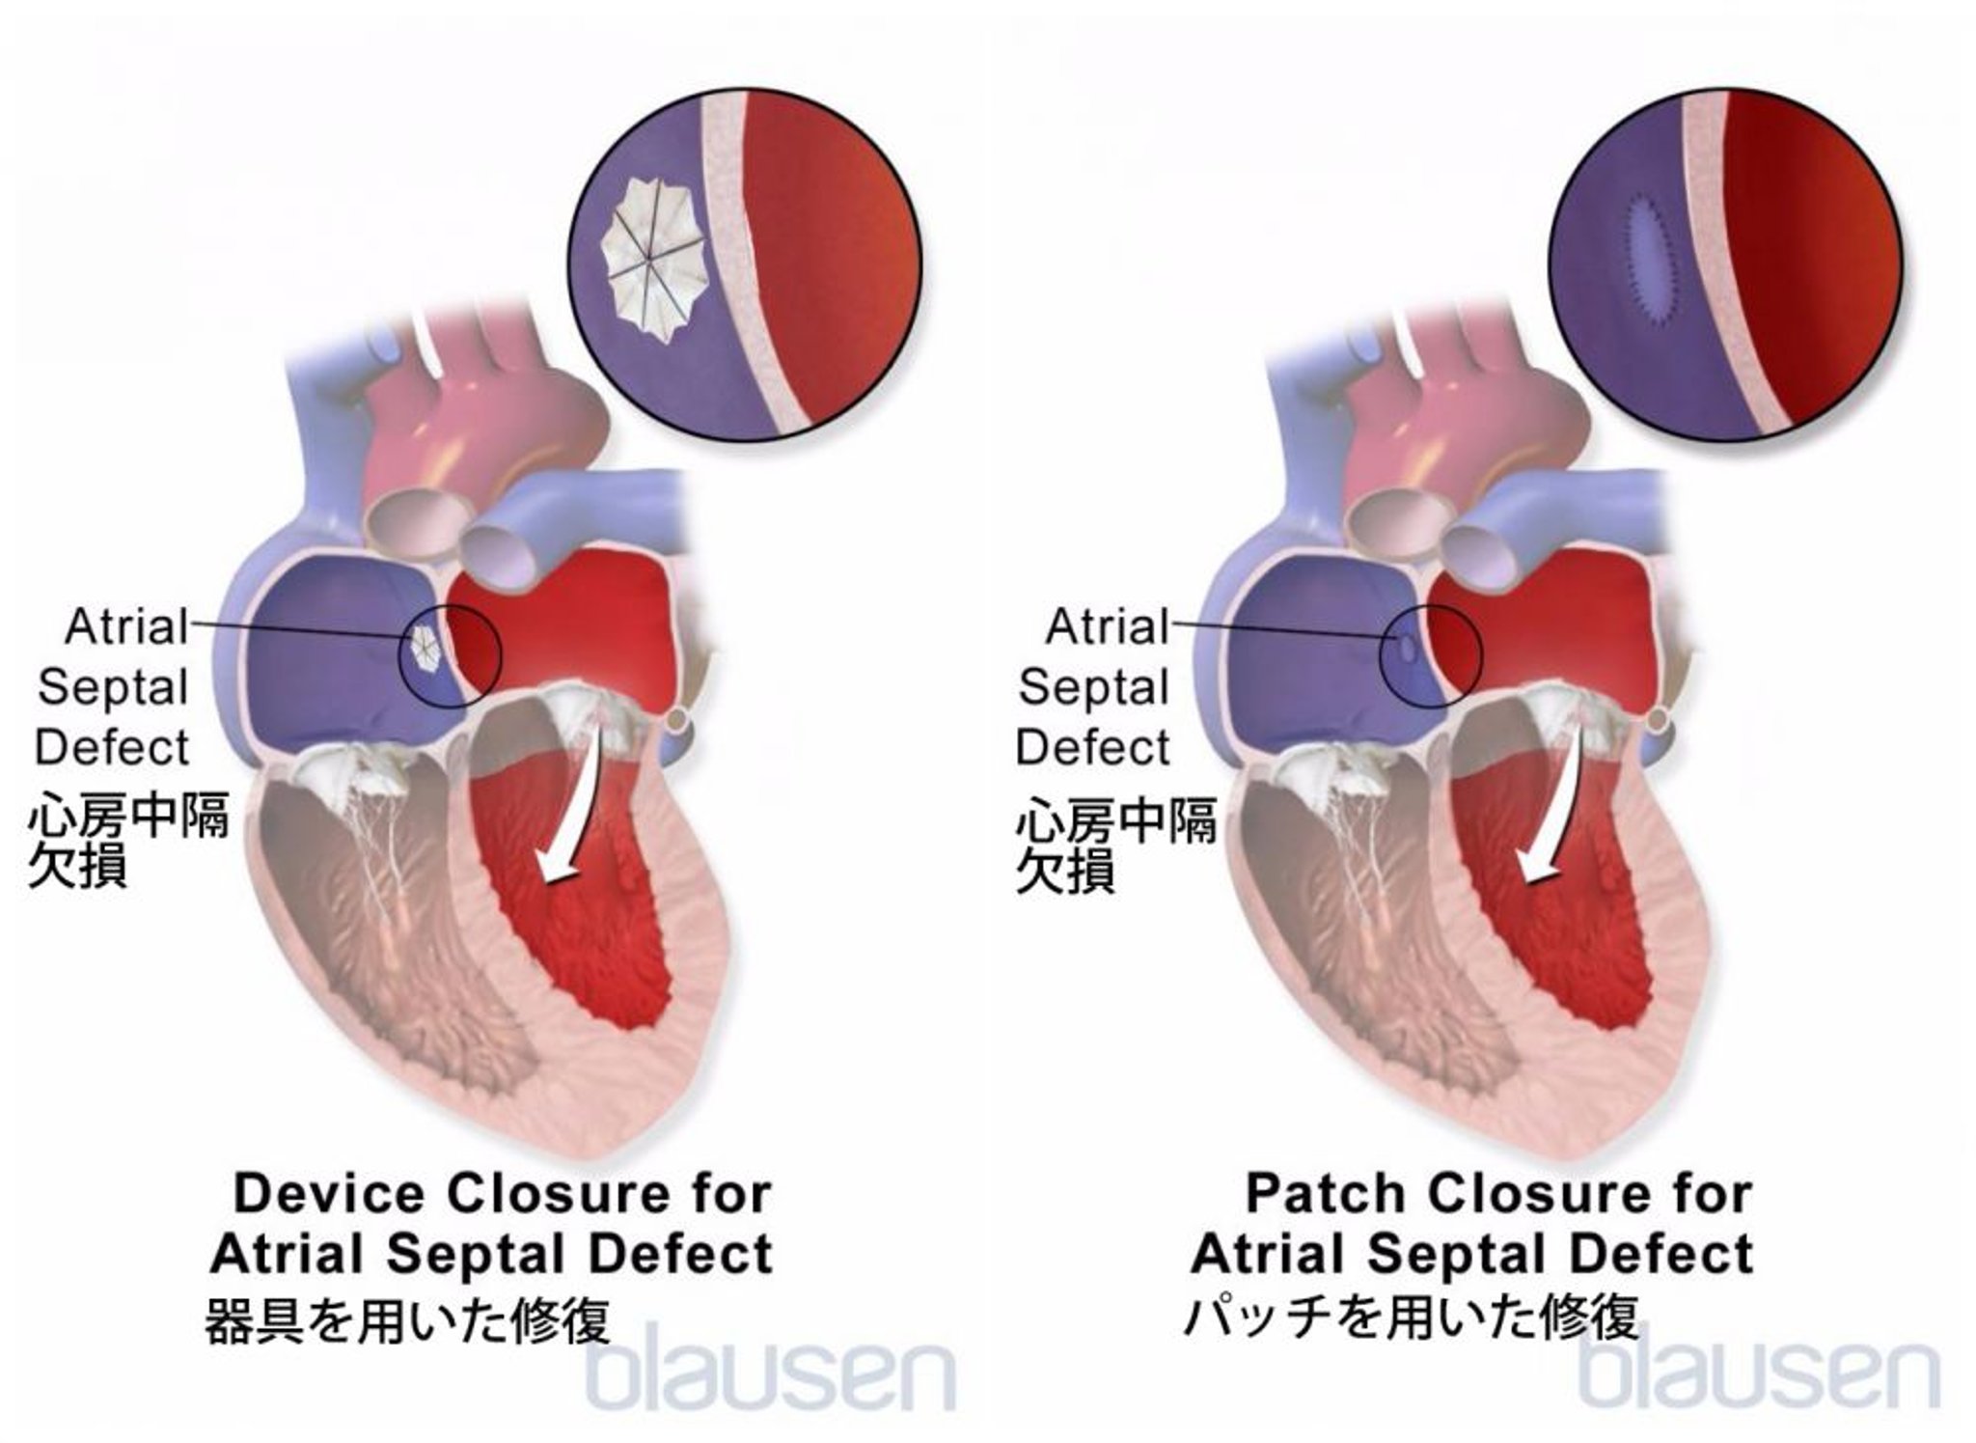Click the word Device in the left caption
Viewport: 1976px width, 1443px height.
328,1194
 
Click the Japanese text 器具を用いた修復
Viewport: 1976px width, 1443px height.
406,1319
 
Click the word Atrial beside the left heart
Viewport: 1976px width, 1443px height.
126,627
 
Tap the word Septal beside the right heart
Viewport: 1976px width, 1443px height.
1093,687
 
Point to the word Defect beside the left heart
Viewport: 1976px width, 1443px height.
113,747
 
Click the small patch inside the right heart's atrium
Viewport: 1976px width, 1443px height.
1406,646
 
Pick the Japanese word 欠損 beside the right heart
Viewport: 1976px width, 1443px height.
1064,870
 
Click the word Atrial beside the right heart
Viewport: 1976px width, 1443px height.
1107,627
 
